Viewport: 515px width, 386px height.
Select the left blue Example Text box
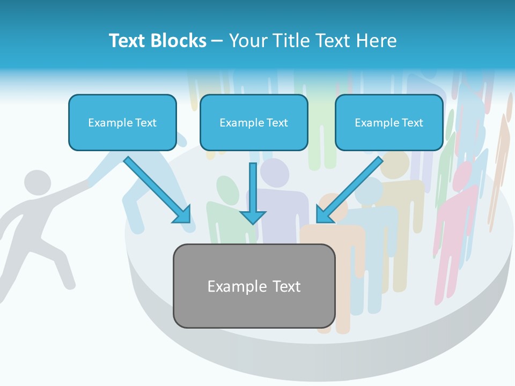click(122, 122)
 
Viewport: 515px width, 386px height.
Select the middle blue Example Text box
click(254, 122)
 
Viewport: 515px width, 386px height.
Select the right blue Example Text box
click(389, 122)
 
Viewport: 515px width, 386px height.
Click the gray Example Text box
click(254, 286)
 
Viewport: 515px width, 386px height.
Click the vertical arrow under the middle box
click(253, 193)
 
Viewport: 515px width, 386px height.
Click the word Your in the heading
click(248, 41)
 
